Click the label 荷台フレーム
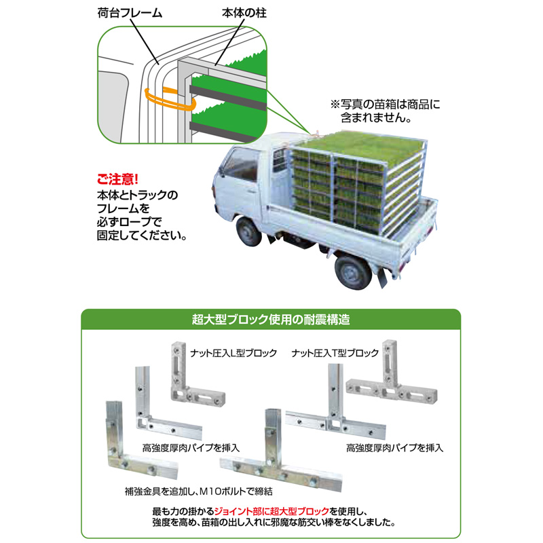pos(130,13)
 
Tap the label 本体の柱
pos(244,13)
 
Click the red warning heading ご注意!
pos(117,179)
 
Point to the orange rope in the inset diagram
pos(170,100)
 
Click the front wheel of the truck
pos(248,230)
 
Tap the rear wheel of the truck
pos(352,271)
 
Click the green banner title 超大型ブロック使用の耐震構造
pos(271,319)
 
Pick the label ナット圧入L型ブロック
pos(233,353)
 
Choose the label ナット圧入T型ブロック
pos(335,353)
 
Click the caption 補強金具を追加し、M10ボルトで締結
pos(199,491)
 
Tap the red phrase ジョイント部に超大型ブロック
pos(272,511)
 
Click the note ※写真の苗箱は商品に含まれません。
pos(385,111)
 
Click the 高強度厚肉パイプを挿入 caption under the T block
pos(395,448)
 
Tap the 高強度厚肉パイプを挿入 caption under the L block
pos(191,448)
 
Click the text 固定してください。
pos(142,236)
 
